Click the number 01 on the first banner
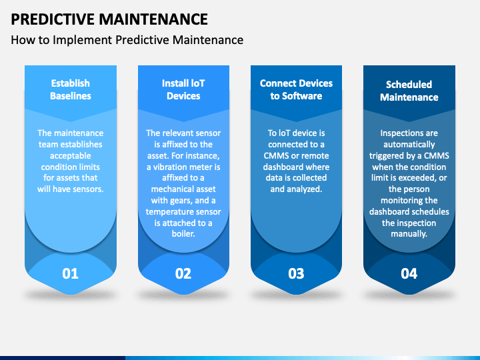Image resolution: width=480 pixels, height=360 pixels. click(71, 273)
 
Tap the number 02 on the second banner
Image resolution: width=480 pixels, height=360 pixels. click(183, 273)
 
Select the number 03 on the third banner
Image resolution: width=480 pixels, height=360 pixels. click(296, 273)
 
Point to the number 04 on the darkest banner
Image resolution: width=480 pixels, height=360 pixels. click(409, 273)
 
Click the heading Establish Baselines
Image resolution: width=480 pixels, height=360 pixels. click(71, 89)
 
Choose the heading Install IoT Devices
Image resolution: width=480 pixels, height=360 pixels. click(183, 89)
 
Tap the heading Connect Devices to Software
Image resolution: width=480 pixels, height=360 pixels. click(296, 89)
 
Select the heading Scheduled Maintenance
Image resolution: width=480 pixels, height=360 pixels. click(409, 91)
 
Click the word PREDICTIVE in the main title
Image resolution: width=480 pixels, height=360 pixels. click(53, 19)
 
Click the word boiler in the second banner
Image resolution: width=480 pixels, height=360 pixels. click(183, 234)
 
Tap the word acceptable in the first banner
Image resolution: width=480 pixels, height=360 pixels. click(71, 156)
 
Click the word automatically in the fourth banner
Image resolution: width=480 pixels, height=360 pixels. click(409, 145)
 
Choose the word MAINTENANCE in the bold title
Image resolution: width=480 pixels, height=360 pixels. click(153, 19)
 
